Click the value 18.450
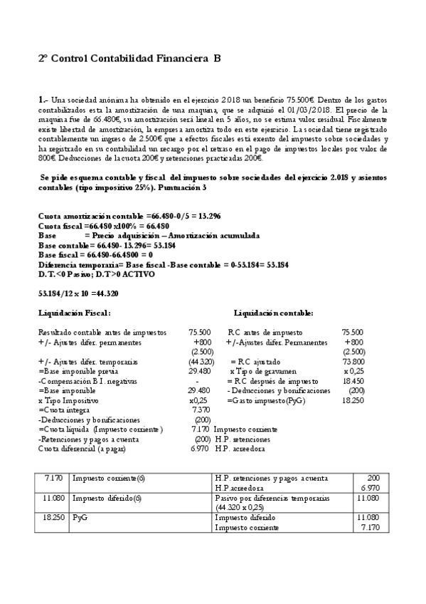click(353, 381)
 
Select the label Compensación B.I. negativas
click(84, 381)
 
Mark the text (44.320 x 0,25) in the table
click(245, 508)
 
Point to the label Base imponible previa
click(79, 371)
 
